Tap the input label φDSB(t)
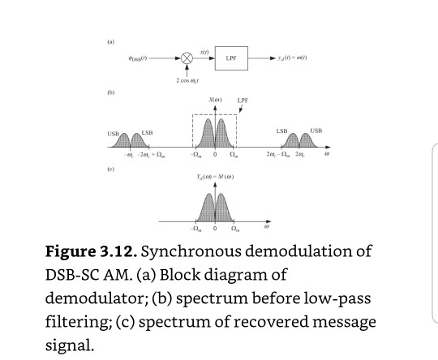coord(134,59)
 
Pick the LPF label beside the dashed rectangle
coord(241,101)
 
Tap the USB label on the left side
coord(112,133)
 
